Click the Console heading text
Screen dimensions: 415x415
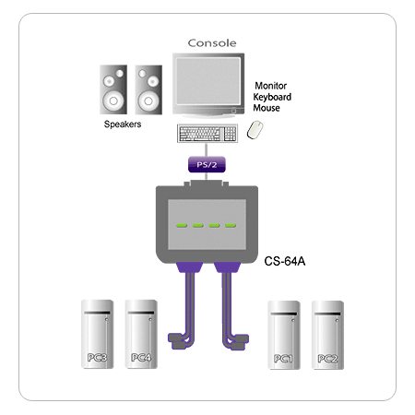pos(212,43)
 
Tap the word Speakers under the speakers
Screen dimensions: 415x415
pos(123,125)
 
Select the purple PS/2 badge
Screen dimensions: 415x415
pos(207,164)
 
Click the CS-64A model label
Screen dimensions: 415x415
pos(285,261)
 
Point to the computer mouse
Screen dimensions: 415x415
pos(255,130)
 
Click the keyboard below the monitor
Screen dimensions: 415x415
pos(207,134)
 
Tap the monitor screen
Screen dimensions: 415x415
pos(208,81)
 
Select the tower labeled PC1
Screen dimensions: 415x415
pos(284,335)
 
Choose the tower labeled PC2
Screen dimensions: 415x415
pos(327,335)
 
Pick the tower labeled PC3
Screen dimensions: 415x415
pos(97,334)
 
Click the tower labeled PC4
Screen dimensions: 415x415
pos(141,334)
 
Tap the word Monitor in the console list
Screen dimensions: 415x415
pos(271,86)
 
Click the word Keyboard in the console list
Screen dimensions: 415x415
pos(272,97)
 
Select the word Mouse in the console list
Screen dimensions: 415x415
pos(267,108)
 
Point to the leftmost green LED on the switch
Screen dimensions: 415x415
pos(182,226)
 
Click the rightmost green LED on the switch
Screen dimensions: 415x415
pos(231,226)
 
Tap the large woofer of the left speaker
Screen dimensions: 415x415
pos(113,101)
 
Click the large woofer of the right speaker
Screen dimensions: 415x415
pos(148,101)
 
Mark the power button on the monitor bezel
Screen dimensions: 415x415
pos(233,111)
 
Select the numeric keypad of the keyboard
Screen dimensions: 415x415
pos(230,134)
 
